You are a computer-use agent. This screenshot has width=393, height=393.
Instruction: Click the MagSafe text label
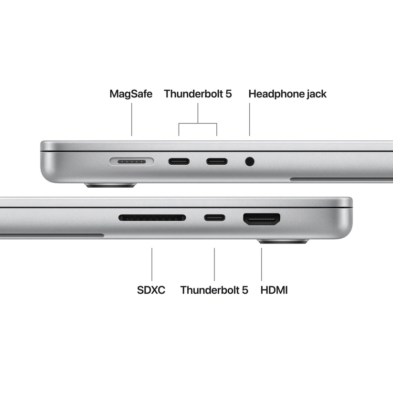[131, 94]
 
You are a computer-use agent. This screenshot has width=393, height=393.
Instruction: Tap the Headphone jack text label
[287, 94]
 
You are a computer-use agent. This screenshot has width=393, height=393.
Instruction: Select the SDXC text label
[151, 290]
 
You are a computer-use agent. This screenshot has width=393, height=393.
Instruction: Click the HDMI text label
[274, 290]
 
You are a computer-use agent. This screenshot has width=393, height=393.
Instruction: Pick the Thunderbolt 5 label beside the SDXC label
[214, 290]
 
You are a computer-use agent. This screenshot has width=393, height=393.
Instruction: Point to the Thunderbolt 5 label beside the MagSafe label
[198, 94]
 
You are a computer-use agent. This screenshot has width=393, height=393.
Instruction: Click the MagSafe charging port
[131, 161]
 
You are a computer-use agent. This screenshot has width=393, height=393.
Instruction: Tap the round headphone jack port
[249, 161]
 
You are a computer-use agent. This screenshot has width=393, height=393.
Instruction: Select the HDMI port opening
[262, 219]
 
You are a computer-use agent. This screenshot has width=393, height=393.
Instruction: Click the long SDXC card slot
[152, 218]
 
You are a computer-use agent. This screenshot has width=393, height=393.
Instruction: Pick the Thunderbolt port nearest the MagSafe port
[179, 161]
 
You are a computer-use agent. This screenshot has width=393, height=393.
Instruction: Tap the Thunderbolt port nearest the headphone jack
[217, 161]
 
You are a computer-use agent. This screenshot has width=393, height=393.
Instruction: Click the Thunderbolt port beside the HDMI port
[214, 218]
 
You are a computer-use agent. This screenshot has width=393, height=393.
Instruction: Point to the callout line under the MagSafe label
[132, 119]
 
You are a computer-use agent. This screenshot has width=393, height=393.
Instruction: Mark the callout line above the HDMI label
[262, 264]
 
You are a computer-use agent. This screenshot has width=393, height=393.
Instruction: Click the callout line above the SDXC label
[152, 264]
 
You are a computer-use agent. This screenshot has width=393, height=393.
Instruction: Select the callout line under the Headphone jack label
[249, 119]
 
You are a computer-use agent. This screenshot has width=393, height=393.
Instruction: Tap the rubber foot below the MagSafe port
[110, 185]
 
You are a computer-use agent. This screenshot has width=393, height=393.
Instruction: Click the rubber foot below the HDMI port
[283, 242]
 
